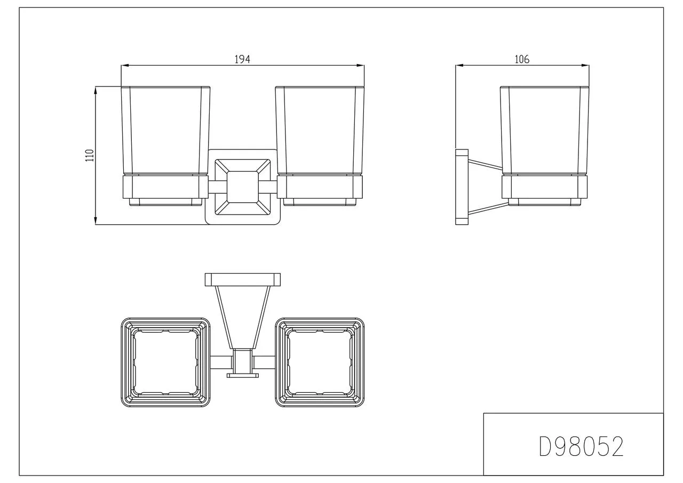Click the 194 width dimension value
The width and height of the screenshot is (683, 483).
[x=242, y=59]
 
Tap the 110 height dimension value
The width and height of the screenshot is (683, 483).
[x=90, y=155]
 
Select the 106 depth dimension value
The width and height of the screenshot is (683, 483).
[x=522, y=59]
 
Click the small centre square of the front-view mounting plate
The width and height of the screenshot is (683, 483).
[x=243, y=187]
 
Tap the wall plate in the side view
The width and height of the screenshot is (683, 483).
[x=462, y=187]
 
